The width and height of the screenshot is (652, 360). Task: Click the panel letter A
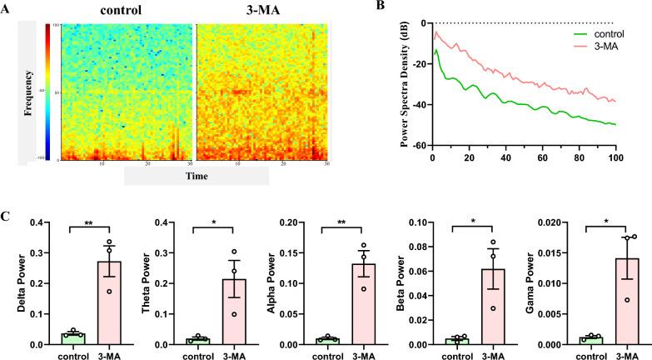click(x=7, y=9)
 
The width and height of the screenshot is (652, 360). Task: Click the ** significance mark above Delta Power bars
click(x=91, y=225)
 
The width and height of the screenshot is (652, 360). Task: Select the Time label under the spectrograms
click(x=197, y=176)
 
